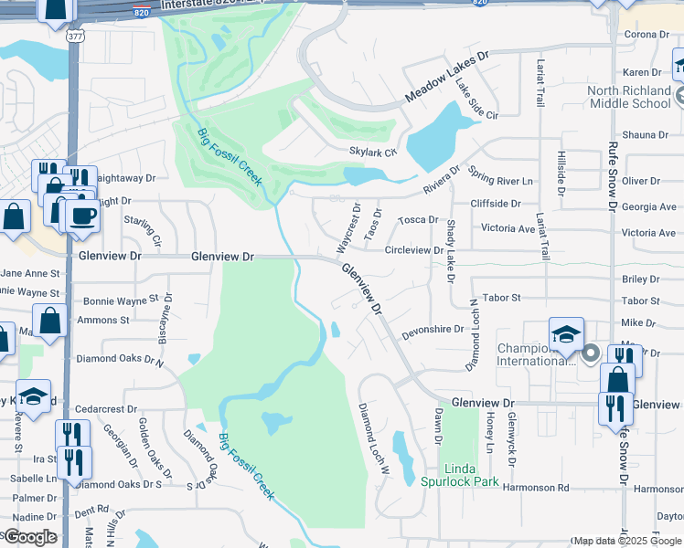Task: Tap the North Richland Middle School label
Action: [628, 97]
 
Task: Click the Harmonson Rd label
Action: [535, 488]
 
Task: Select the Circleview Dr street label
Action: [418, 249]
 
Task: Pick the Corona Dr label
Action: [647, 35]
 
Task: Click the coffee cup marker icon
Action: [84, 216]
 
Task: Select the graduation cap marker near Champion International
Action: [566, 333]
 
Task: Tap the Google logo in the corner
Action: [29, 537]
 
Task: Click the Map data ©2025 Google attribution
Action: [625, 541]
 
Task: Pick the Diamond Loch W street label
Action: [374, 438]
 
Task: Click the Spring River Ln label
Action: [500, 175]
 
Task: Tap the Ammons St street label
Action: [103, 321]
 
